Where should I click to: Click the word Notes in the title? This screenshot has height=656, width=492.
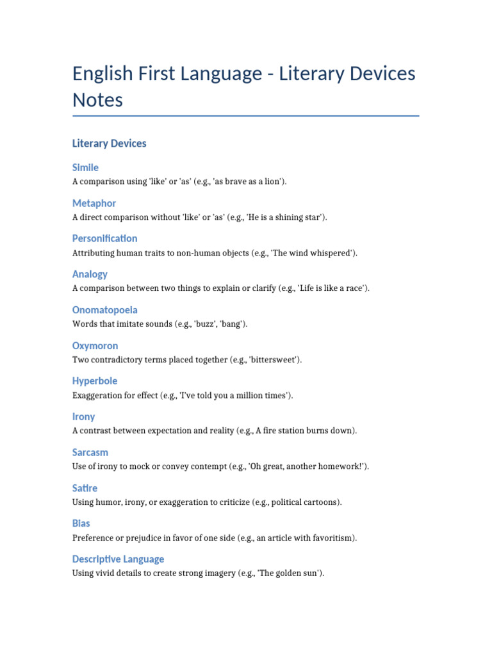pyautogui.click(x=97, y=101)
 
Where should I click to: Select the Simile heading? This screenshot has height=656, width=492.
pyautogui.click(x=85, y=168)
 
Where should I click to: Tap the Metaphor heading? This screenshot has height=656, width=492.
pyautogui.click(x=94, y=203)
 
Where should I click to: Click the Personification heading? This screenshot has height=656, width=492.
pyautogui.click(x=104, y=238)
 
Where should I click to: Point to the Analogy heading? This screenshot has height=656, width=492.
pyautogui.click(x=90, y=274)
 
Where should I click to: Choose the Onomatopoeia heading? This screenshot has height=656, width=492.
pyautogui.click(x=104, y=310)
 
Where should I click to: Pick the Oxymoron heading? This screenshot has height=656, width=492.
pyautogui.click(x=95, y=346)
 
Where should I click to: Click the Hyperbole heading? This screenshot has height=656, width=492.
pyautogui.click(x=95, y=381)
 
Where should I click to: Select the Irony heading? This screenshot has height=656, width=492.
pyautogui.click(x=83, y=417)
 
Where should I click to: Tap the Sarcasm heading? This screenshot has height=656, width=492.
pyautogui.click(x=90, y=452)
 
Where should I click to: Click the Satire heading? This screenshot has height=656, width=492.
pyautogui.click(x=85, y=488)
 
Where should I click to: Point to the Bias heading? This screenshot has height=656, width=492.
pyautogui.click(x=81, y=523)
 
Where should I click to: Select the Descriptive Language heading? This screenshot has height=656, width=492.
pyautogui.click(x=118, y=559)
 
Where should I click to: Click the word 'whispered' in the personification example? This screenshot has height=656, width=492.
pyautogui.click(x=331, y=253)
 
